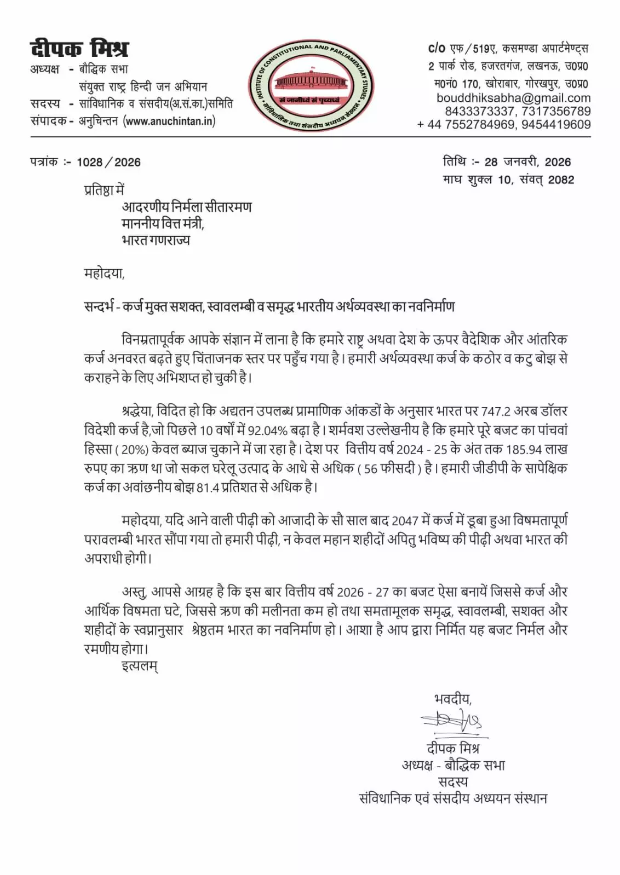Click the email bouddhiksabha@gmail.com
[x=513, y=98]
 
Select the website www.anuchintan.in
[x=170, y=121]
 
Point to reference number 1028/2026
[x=108, y=163]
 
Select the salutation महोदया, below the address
[x=104, y=273]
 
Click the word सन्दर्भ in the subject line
[x=99, y=306]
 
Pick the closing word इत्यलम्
[x=140, y=667]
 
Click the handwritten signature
[x=452, y=722]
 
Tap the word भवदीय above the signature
[x=452, y=699]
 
